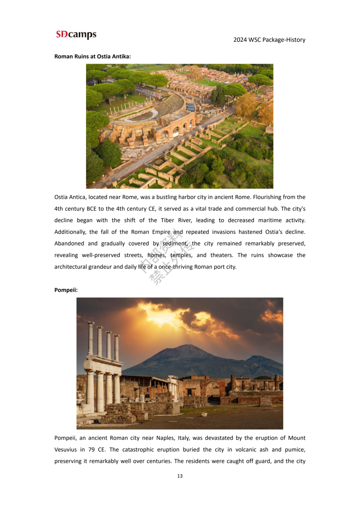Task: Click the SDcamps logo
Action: click(x=76, y=35)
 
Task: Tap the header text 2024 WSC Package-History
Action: click(x=269, y=40)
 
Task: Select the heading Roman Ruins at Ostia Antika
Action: click(x=92, y=57)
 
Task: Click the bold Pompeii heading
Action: click(x=66, y=290)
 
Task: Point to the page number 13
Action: click(x=180, y=476)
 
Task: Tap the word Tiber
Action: click(x=167, y=220)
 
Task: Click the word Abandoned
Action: click(x=69, y=244)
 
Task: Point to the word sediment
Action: click(x=175, y=244)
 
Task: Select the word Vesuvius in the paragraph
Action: click(x=65, y=450)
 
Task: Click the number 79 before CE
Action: click(x=91, y=450)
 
